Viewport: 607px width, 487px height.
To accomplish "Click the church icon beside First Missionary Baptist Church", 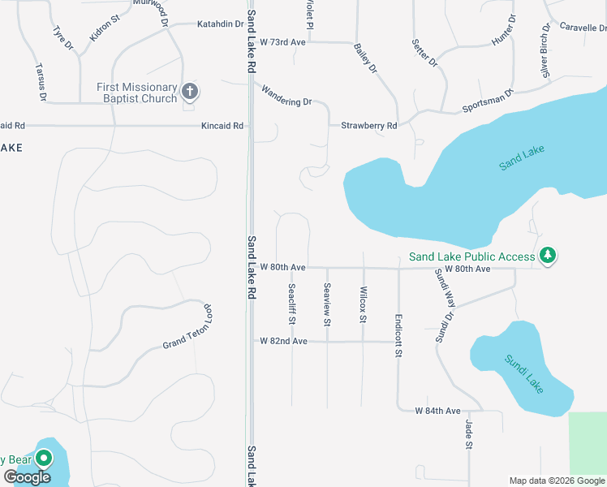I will click(x=190, y=91).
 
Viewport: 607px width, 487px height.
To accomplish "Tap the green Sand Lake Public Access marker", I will click(x=549, y=256).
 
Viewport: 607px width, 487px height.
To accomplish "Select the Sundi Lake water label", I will click(x=523, y=374).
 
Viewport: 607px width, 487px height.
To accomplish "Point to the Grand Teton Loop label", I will click(x=187, y=328).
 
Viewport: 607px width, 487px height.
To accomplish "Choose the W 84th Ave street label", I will click(x=437, y=412).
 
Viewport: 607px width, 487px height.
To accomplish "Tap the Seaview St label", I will click(x=327, y=304).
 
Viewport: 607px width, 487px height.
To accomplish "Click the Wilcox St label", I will click(x=363, y=304).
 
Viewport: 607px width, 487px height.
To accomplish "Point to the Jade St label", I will click(x=468, y=435).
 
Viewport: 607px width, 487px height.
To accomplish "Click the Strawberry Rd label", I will click(x=369, y=126).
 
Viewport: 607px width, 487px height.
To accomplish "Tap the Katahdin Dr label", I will click(x=220, y=24).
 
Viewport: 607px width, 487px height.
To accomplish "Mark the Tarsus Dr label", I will click(x=40, y=83).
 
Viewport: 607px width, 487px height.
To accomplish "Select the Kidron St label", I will click(x=105, y=28).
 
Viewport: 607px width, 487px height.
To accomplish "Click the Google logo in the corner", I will click(x=27, y=477).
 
